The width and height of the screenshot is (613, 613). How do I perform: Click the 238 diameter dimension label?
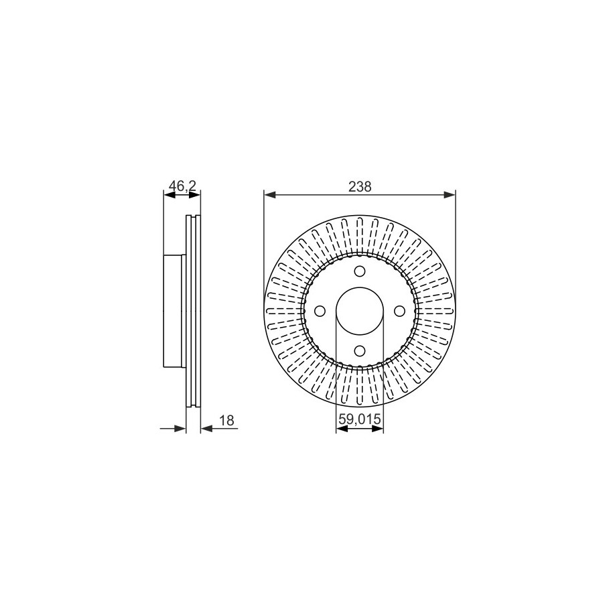point(360,187)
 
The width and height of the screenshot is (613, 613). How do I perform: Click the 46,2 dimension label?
point(182,186)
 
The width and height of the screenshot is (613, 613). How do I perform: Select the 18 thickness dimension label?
point(226,420)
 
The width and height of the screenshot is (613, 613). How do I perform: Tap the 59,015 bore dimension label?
point(359,419)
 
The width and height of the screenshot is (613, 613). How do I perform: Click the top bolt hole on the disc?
point(360,271)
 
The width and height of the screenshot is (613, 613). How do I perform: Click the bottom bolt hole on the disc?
point(360,350)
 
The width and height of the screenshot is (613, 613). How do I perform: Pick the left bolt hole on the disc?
point(320,312)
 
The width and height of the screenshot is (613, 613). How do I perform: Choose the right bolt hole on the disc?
point(399,312)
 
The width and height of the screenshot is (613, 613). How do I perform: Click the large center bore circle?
point(360,287)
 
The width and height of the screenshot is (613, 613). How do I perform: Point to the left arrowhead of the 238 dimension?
point(270,195)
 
